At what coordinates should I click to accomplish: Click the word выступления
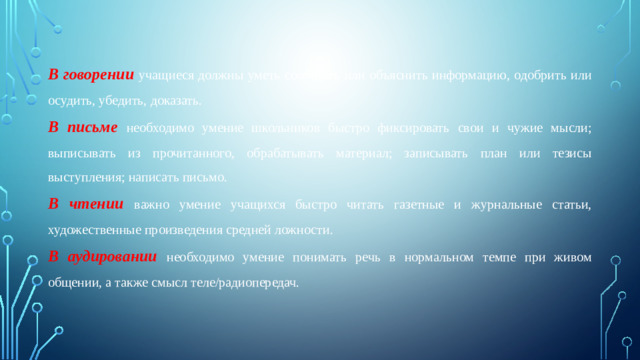(89, 179)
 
